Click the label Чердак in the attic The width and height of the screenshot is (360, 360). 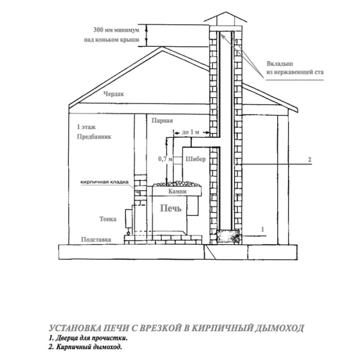[113, 94]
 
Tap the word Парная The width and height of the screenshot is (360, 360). [162, 121]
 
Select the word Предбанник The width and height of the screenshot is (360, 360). [94, 137]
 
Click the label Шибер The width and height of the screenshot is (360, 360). [196, 159]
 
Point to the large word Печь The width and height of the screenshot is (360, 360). [170, 208]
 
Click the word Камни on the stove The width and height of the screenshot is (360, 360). [177, 191]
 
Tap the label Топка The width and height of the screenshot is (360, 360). [108, 219]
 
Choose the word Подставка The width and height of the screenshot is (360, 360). [96, 239]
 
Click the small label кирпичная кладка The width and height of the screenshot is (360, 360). [104, 182]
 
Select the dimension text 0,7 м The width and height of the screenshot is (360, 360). [166, 159]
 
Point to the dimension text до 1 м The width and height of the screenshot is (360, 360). [190, 132]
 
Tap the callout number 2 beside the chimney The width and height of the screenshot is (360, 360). [310, 160]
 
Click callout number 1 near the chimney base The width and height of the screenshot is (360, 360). [263, 229]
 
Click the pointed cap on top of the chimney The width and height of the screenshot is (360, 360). [226, 17]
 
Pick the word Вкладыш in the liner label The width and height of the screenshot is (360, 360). [280, 64]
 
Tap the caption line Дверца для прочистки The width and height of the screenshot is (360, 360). [88, 338]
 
